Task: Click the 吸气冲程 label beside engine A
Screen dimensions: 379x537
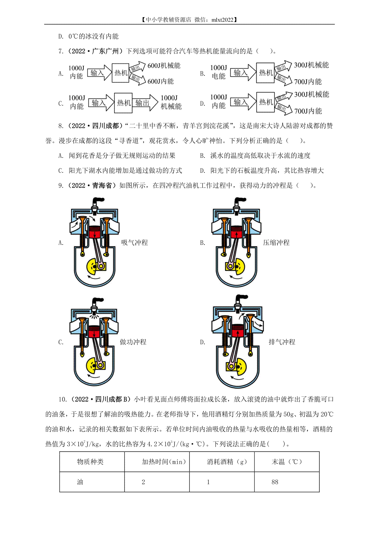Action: tap(134, 243)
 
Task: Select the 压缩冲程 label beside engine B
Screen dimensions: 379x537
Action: tap(276, 243)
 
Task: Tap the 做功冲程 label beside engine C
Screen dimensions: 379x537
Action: tap(133, 342)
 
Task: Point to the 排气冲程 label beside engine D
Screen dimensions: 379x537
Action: tap(282, 342)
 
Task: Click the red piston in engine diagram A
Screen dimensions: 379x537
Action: tap(94, 232)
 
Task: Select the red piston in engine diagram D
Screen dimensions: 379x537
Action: tap(238, 330)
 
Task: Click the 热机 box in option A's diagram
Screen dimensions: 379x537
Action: tap(120, 73)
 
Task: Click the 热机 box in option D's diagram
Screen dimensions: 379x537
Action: tap(265, 102)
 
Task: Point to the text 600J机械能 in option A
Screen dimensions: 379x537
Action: tap(164, 65)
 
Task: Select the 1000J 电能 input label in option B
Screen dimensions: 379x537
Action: tap(218, 72)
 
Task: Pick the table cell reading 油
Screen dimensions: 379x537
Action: tap(92, 482)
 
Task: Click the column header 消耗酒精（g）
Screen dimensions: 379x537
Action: tap(226, 462)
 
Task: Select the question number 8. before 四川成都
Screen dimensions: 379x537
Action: tap(61, 126)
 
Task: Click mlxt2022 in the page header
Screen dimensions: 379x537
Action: tap(222, 20)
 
